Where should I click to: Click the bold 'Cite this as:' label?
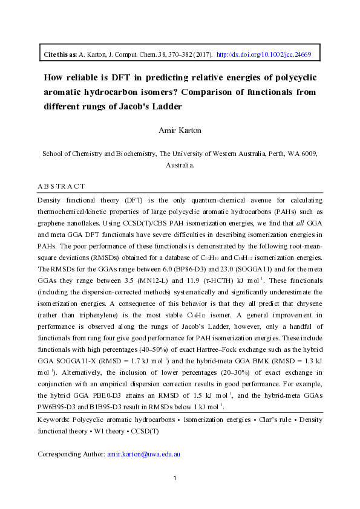(61, 54)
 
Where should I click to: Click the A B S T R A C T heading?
(61, 186)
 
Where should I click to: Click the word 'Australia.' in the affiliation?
(180, 164)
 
